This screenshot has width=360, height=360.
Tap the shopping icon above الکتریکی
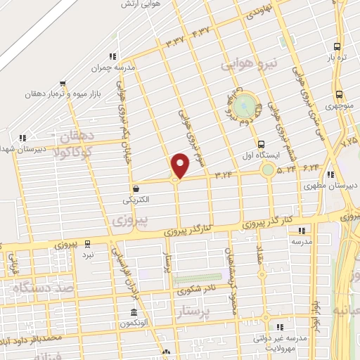coord(135,188)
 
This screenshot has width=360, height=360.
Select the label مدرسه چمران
coord(111,69)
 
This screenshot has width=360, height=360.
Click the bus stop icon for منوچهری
coord(340,94)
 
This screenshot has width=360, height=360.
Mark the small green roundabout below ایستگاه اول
coord(268,169)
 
